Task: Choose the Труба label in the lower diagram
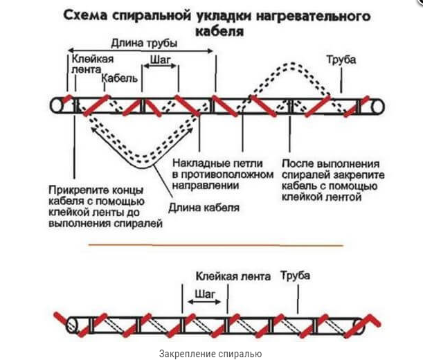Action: point(295,276)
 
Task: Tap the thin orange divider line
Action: point(215,244)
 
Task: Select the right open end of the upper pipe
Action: point(377,105)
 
